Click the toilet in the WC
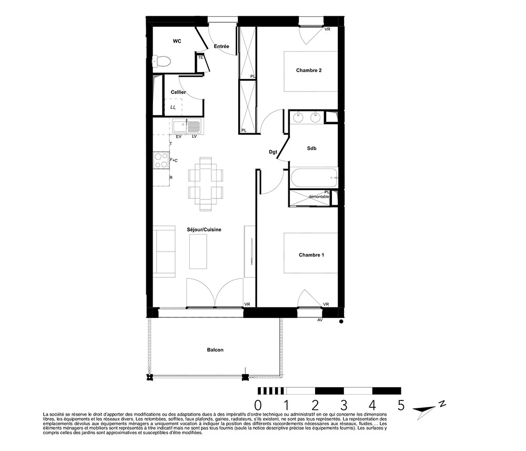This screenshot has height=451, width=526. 161,62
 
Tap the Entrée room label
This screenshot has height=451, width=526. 221,46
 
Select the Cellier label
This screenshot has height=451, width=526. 178,92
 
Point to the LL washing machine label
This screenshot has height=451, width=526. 173,107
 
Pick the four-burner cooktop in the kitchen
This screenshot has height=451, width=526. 161,160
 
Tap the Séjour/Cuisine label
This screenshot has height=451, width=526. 204,229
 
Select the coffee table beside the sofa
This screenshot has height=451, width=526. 198,252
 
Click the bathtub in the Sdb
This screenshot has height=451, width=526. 314,177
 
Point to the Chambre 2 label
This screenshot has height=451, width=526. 309,70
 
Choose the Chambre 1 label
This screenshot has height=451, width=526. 311,255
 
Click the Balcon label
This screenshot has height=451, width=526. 215,349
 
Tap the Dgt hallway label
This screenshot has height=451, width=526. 273,152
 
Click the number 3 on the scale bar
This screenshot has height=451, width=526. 343,405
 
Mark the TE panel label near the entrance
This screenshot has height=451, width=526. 200,57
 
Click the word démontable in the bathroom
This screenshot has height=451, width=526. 319,197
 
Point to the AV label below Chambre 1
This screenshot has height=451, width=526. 320,320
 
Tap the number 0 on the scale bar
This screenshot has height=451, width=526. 258,405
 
